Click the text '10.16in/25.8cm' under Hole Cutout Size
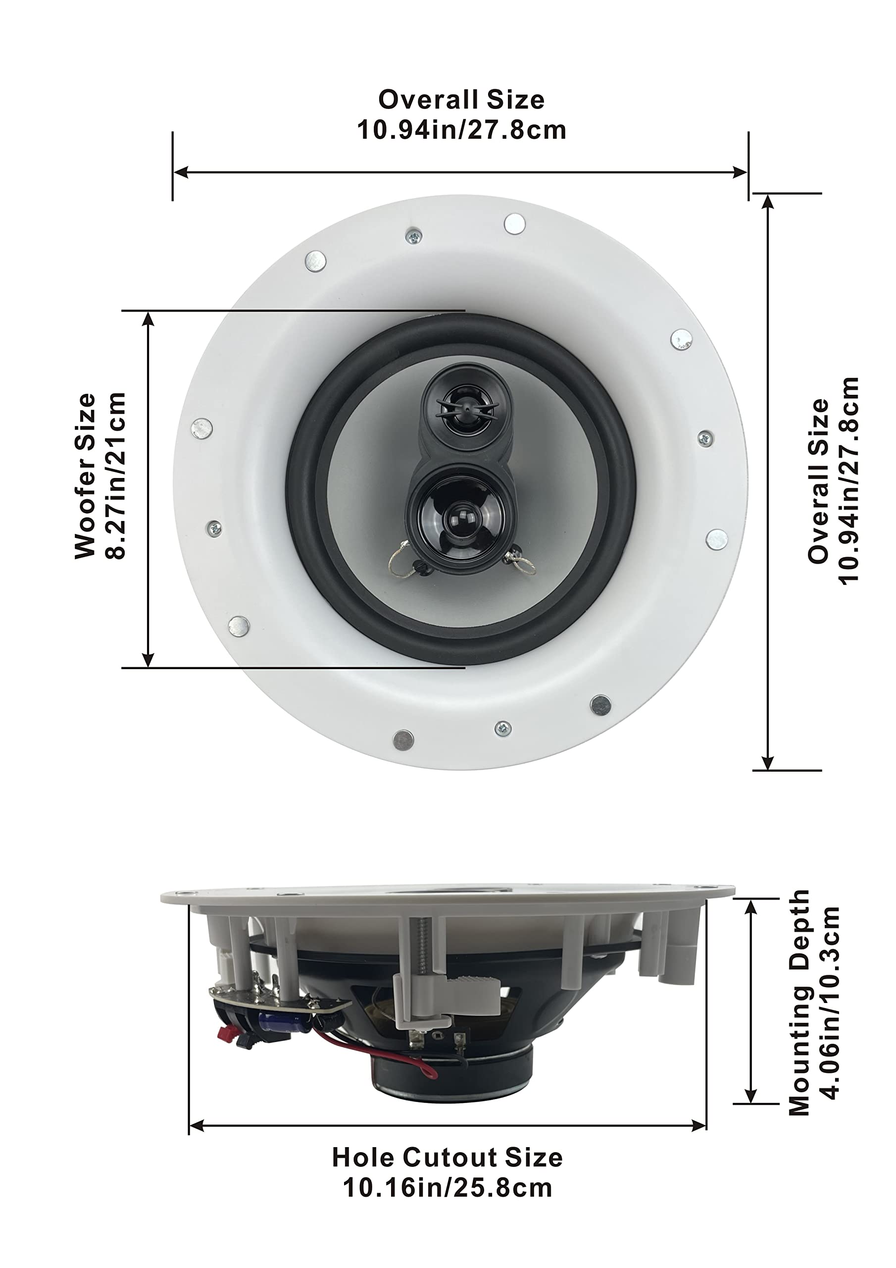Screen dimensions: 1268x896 [x=447, y=1186]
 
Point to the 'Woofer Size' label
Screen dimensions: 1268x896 [x=86, y=475]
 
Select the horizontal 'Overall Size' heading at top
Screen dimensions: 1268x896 [x=461, y=100]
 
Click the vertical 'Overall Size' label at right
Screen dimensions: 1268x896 [x=819, y=481]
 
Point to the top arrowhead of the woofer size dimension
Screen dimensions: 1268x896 [x=148, y=318]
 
